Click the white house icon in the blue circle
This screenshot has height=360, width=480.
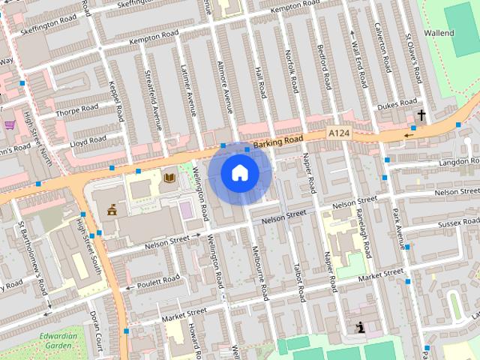[x=239, y=173]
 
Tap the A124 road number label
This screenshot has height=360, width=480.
[x=339, y=133]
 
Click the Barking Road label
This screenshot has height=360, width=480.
[x=277, y=140]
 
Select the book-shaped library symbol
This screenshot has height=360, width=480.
[x=169, y=177]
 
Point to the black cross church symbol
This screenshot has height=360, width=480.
[x=421, y=115]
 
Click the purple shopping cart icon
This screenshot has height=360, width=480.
[x=10, y=125]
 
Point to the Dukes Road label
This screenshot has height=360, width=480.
[x=397, y=104]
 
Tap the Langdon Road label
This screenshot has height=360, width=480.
[x=458, y=161]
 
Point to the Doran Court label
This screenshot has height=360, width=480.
[x=96, y=328]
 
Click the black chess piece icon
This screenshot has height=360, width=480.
[x=361, y=327]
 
